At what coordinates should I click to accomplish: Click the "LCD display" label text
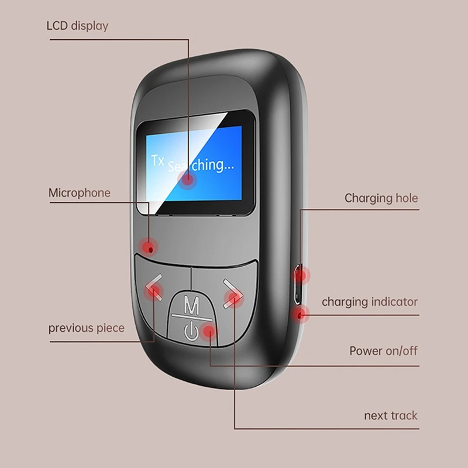click(77, 26)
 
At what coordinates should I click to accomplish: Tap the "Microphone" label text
click(80, 193)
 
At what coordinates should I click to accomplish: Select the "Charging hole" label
click(381, 198)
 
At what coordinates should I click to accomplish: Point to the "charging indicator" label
click(370, 302)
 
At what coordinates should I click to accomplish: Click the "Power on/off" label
click(383, 351)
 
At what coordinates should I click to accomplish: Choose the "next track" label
click(391, 415)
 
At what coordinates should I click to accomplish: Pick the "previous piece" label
click(87, 328)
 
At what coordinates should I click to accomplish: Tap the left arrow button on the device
click(154, 287)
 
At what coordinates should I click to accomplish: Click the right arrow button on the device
click(233, 294)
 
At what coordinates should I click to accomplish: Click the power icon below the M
click(191, 331)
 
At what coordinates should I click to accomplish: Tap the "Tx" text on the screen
click(157, 160)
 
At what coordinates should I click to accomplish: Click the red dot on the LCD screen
click(187, 180)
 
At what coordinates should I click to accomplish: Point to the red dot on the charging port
click(301, 275)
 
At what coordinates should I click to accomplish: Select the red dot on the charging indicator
click(300, 314)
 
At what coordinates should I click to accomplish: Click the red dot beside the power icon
click(209, 331)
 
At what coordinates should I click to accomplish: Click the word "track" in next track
click(404, 415)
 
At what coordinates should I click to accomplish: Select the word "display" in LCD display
click(90, 26)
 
